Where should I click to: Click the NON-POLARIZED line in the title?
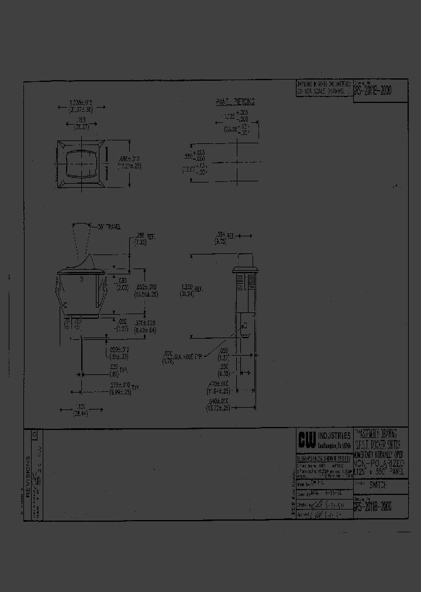[x=378, y=463]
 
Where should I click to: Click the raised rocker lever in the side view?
[x=81, y=246]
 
